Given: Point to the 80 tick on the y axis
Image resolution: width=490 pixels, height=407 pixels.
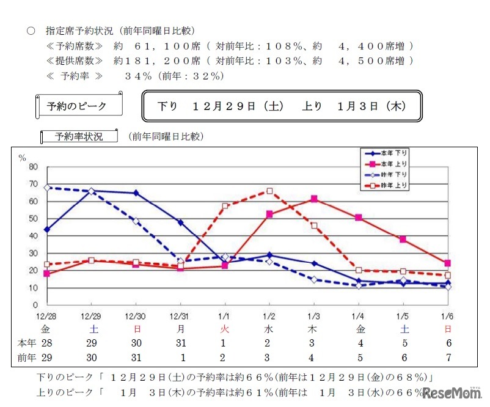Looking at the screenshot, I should click(34, 167).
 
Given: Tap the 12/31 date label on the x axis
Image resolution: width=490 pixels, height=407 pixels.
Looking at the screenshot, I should click(180, 315).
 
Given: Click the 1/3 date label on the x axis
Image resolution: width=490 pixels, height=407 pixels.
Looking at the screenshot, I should click(313, 315).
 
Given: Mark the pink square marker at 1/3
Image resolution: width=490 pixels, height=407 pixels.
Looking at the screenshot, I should click(314, 199).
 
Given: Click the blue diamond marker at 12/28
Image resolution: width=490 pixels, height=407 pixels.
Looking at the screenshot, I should click(47, 230).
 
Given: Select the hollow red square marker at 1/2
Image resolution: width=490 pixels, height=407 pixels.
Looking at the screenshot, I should click(269, 191).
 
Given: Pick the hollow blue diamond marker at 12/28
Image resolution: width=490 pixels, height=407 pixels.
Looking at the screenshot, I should click(47, 188).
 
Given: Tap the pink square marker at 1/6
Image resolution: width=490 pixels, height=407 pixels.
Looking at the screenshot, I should click(448, 263).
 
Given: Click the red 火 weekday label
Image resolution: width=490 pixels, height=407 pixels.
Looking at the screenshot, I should click(225, 329).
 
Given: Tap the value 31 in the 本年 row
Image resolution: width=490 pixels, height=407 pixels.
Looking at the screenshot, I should click(180, 343).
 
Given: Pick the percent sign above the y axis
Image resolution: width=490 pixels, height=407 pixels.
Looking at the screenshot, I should click(23, 158).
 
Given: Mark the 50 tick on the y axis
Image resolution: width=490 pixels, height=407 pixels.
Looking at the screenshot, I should click(34, 219).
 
